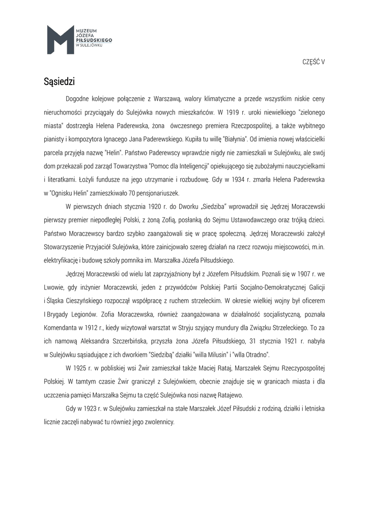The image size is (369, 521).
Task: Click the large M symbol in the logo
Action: (x=60, y=39)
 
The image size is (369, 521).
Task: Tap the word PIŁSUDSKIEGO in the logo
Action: (x=94, y=39)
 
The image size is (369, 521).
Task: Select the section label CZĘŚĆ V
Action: (x=314, y=62)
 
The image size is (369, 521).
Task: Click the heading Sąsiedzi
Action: (x=59, y=81)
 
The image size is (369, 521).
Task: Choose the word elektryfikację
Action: (x=61, y=260)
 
